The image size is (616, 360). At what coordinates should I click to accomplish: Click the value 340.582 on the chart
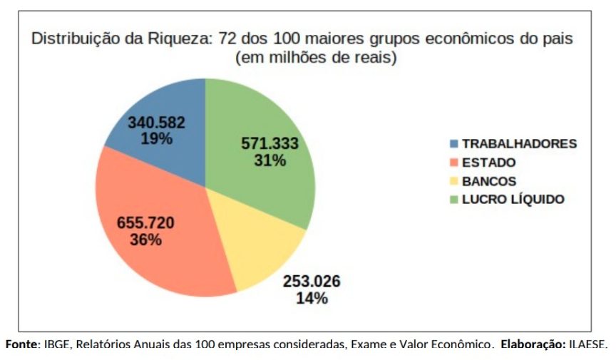coord(156,123)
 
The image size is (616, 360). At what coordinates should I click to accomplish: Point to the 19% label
coord(156,138)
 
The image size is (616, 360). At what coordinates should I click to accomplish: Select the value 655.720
coord(145,223)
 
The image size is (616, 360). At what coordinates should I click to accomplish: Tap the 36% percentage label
coord(145,240)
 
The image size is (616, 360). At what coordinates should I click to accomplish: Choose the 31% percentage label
coord(269,160)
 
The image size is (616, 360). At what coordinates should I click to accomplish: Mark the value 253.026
coord(312,282)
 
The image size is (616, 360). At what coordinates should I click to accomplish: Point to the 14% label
coord(312,298)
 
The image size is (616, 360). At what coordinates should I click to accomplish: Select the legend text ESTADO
coord(488,163)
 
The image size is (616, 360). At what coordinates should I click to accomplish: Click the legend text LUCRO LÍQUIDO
coord(513,200)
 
